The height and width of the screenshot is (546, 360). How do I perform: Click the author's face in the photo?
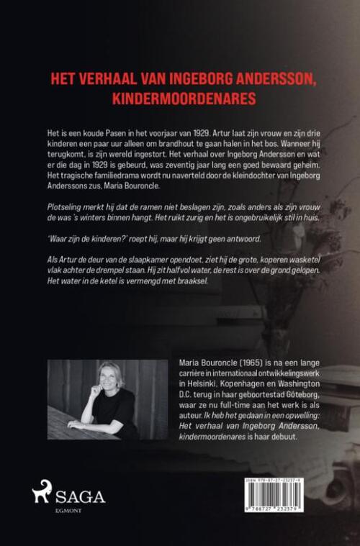click(111, 382)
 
